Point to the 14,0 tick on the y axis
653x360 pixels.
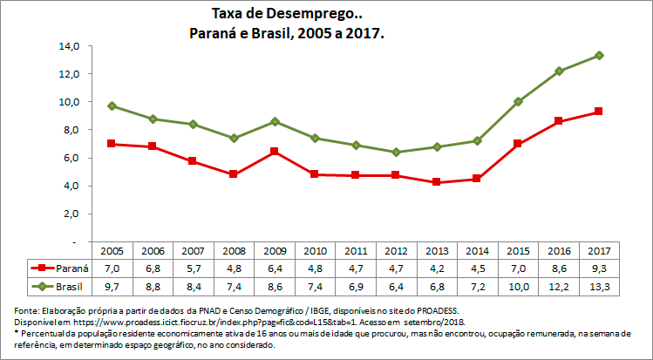(x=70, y=45)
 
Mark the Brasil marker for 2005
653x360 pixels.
(x=112, y=105)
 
